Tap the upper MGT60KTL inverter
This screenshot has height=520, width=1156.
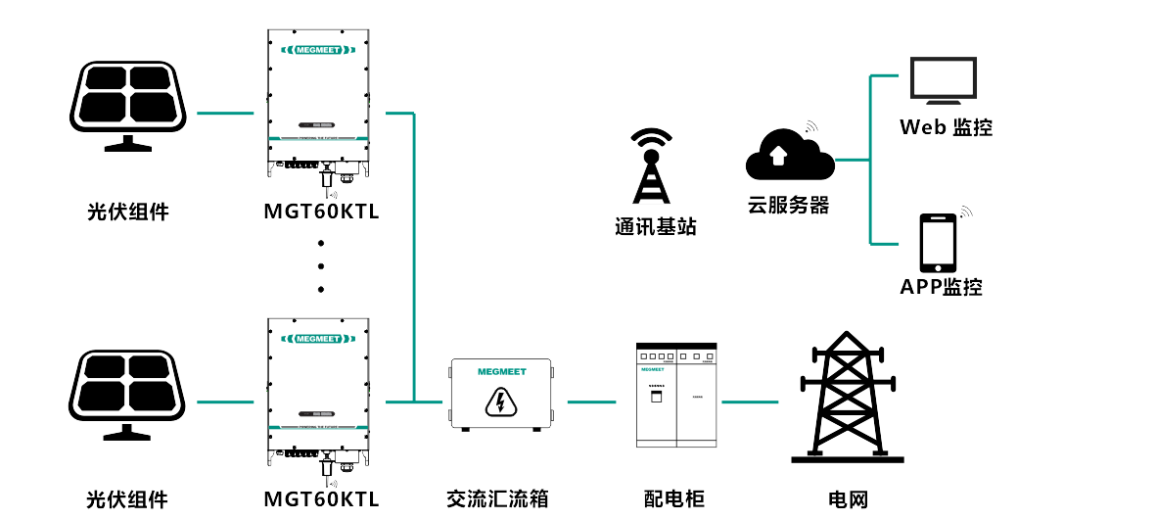(x=319, y=102)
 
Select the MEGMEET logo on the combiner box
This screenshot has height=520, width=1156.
(x=502, y=372)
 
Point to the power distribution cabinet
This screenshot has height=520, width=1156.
(x=675, y=395)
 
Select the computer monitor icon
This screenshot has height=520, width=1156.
(x=943, y=80)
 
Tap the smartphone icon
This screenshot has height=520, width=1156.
(x=938, y=244)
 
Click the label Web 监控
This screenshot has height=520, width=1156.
(x=946, y=127)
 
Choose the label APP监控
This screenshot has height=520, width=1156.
(x=941, y=287)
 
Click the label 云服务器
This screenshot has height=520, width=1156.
(x=788, y=206)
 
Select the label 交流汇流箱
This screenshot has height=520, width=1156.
(x=497, y=498)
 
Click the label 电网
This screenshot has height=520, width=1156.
(x=848, y=498)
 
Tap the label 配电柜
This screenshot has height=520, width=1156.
(x=674, y=498)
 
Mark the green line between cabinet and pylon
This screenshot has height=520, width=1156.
(x=750, y=402)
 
